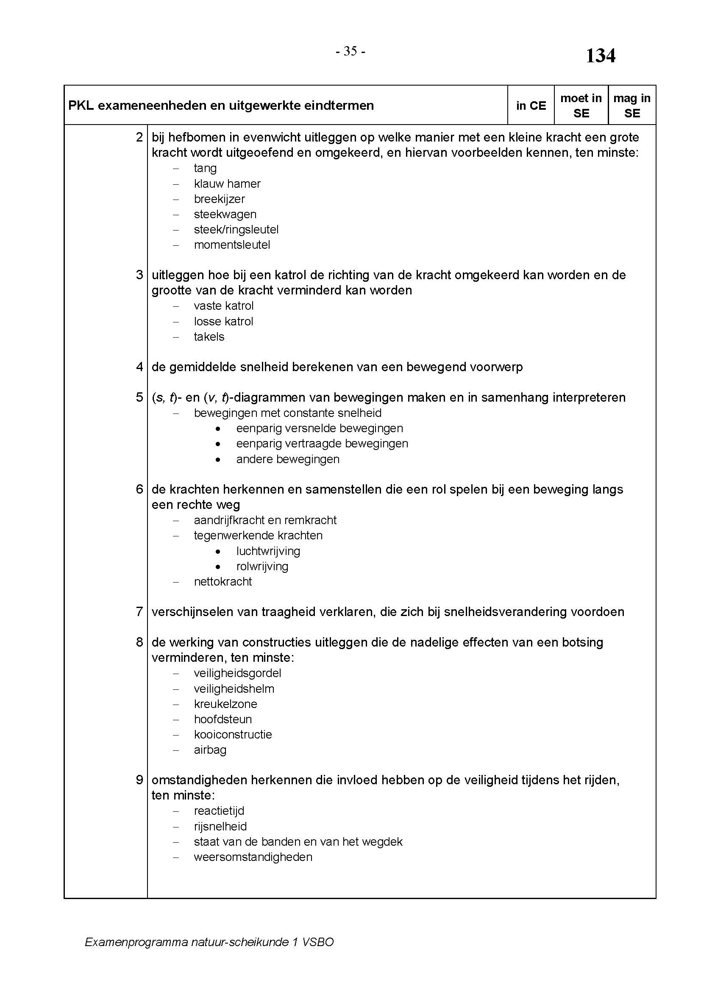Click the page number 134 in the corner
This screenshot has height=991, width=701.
click(x=600, y=56)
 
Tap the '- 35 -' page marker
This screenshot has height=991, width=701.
click(x=350, y=52)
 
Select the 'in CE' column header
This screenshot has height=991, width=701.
click(x=531, y=106)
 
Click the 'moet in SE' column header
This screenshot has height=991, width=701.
click(x=581, y=106)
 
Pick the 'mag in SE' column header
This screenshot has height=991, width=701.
click(x=631, y=106)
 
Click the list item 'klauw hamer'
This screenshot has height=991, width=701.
click(x=227, y=184)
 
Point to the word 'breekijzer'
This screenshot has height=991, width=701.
click(x=219, y=199)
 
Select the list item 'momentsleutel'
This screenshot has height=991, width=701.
click(x=232, y=245)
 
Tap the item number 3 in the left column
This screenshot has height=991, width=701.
click(x=139, y=275)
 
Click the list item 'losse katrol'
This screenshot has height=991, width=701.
click(x=223, y=322)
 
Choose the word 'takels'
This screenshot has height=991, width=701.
click(x=209, y=337)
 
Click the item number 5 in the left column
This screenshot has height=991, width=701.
click(x=139, y=397)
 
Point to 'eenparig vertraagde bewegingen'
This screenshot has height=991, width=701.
click(x=322, y=444)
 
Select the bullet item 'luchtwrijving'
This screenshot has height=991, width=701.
click(x=267, y=551)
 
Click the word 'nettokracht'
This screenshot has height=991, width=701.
click(x=223, y=582)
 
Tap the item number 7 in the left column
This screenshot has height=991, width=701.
click(x=139, y=612)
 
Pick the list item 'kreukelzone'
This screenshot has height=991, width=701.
click(x=225, y=704)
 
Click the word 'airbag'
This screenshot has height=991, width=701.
click(x=210, y=750)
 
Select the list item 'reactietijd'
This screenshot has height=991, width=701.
click(x=219, y=811)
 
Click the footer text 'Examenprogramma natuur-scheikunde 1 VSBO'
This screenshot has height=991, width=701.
click(x=209, y=942)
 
